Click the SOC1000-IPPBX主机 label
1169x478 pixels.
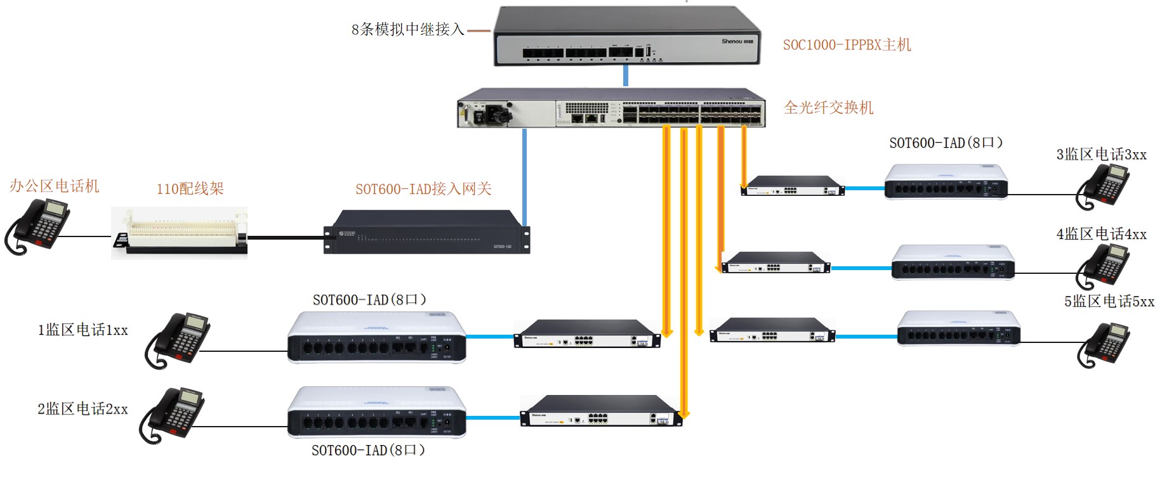coord(847,45)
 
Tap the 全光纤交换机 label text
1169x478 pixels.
coord(828,108)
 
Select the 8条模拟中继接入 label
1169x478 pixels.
coord(407,30)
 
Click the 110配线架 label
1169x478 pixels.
coord(190,188)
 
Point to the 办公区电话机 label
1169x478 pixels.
coord(55,186)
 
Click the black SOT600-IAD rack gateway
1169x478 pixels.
coord(426,233)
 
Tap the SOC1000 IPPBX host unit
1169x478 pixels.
coord(627,37)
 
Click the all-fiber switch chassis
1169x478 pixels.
coord(611,108)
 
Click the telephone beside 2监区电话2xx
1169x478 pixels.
coord(173,415)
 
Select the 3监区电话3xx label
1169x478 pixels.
coord(1101,155)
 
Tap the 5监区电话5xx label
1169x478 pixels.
coord(1109,302)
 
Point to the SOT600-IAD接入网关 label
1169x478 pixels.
coord(423,189)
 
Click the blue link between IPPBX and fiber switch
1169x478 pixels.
coord(626,75)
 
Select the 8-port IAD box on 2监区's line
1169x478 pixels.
coord(377,413)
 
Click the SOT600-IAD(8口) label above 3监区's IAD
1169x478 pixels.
coord(946,143)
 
